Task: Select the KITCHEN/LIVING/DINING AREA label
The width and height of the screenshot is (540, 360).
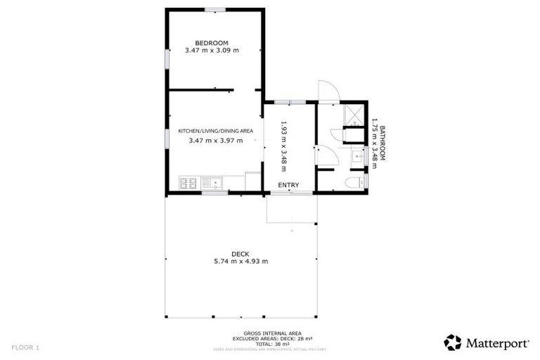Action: [215, 131]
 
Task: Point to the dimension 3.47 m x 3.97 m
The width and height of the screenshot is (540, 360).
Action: [215, 141]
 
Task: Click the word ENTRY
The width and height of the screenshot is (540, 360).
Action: [288, 185]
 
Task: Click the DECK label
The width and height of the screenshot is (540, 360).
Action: [240, 254]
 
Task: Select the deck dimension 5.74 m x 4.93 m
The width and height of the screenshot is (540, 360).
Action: [240, 262]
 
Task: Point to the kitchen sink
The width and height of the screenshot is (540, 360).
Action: [212, 184]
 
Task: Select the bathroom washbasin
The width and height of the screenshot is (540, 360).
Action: [356, 157]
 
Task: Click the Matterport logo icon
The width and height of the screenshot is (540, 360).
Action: [453, 342]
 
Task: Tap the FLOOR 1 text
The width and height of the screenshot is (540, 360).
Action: [26, 347]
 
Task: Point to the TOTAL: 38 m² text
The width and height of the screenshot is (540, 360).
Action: [264, 344]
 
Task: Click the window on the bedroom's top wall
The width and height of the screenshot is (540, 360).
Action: [215, 10]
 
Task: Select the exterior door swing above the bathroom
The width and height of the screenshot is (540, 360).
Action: [328, 92]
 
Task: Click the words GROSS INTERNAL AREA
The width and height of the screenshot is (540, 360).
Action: [264, 334]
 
